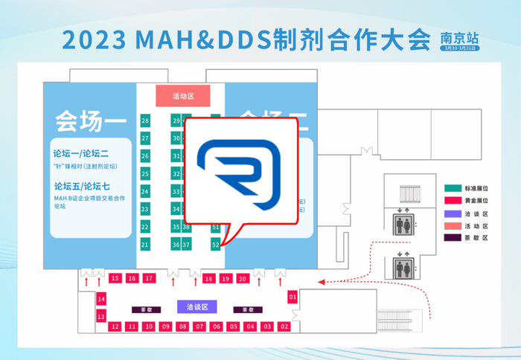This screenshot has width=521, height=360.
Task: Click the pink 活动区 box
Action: [183, 96]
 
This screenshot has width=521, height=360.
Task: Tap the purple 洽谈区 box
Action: [196, 306]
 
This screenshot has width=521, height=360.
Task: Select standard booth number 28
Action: [145, 120]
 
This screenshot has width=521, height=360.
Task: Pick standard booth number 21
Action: [145, 244]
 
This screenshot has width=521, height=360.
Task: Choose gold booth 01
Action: [293, 297]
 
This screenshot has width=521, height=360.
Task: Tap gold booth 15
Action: [115, 278]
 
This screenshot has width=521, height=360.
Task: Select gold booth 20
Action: [243, 278]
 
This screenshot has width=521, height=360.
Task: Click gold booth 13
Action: [101, 316]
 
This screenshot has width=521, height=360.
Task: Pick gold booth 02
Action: [284, 327]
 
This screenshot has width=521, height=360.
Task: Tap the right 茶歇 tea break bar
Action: [248, 309]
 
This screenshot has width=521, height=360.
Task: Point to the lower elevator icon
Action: [402, 265]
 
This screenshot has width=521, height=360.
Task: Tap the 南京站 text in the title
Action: [460, 36]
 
